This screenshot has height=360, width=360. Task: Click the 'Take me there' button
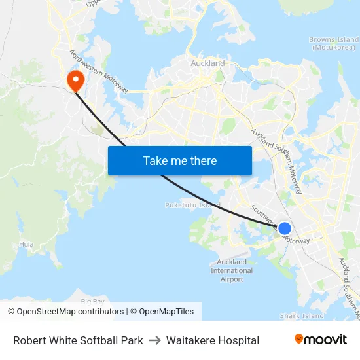[x=179, y=160]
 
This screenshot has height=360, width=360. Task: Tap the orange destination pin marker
[x=76, y=79]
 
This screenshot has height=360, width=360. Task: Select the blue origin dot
[x=285, y=228]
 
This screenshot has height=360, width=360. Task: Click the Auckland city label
[x=207, y=63]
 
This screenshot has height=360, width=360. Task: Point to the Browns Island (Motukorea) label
[x=333, y=43]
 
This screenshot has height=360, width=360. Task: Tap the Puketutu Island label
[x=192, y=205]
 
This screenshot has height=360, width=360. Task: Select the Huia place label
[x=26, y=244]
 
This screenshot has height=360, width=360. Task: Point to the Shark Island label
[x=302, y=316]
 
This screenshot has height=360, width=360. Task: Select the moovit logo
[x=320, y=340]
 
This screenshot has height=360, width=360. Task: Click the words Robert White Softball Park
[x=78, y=340]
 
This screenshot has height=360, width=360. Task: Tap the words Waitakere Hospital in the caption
[x=213, y=340]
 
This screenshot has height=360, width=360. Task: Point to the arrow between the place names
[x=154, y=340]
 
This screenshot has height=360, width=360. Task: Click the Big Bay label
[x=93, y=300]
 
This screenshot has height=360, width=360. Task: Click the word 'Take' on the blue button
[x=154, y=160]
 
